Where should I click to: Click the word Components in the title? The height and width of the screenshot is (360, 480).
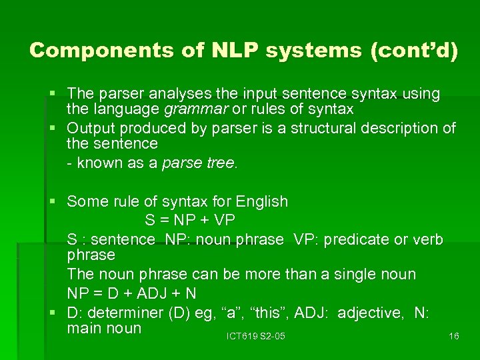85,51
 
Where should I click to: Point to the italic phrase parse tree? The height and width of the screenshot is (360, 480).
198,163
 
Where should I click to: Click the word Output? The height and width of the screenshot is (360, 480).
91,127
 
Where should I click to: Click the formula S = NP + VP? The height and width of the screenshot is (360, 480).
190,219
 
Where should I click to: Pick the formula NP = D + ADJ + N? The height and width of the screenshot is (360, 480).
131,293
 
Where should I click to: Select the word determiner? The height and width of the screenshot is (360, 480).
128,313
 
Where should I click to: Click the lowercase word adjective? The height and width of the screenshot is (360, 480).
370,313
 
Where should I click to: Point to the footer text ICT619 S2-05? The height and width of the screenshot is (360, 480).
255,336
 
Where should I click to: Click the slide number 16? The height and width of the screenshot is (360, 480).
453,336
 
